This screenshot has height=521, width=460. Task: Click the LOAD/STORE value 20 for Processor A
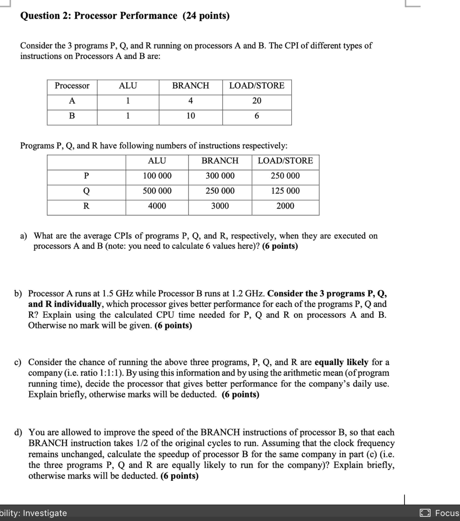pos(257,101)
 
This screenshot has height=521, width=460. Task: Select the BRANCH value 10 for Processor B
pos(191,116)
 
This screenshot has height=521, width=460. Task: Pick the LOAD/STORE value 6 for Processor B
pos(257,116)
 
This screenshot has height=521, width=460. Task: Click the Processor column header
pos(72,86)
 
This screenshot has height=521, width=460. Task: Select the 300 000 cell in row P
pos(220,176)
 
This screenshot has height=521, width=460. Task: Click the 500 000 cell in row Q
pos(157,191)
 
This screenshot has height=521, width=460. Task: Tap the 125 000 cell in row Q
pos(285,191)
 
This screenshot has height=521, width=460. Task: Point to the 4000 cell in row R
pos(157,206)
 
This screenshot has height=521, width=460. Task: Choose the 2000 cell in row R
pos(285,206)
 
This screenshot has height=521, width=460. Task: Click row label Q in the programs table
pos(86,191)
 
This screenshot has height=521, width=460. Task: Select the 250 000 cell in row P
pos(285,176)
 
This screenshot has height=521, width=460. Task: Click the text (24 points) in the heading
pos(206,16)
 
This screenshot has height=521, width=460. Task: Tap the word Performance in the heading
pos(148,16)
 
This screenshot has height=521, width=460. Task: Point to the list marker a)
pos(23,236)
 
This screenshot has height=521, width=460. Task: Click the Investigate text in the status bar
pos(45,513)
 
